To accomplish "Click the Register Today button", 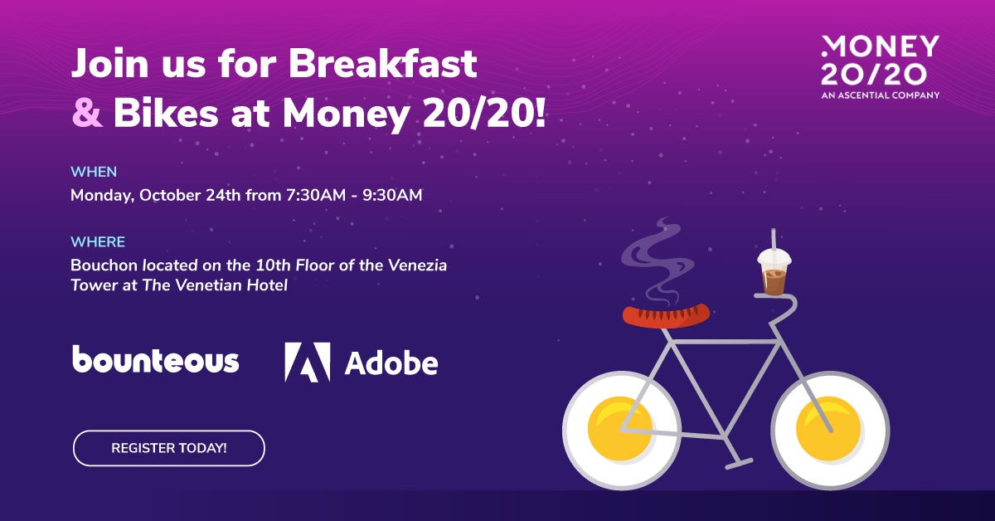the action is pyautogui.click(x=169, y=448).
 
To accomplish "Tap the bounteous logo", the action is pyautogui.click(x=156, y=359).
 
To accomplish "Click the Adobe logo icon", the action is pyautogui.click(x=308, y=363).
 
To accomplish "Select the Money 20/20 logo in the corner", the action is pyautogui.click(x=880, y=67).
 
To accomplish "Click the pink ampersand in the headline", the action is pyautogui.click(x=88, y=114).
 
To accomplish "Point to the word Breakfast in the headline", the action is pyautogui.click(x=383, y=63).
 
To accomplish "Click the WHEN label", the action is pyautogui.click(x=94, y=172).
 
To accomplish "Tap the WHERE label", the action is pyautogui.click(x=98, y=241).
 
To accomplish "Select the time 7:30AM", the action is pyautogui.click(x=316, y=196).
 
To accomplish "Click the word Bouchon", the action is pyautogui.click(x=104, y=265).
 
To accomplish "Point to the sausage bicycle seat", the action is pyautogui.click(x=666, y=315).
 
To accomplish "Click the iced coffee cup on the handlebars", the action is pyautogui.click(x=774, y=272).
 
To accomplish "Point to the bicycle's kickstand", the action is pyautogui.click(x=734, y=454).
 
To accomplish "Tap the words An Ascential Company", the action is pyautogui.click(x=880, y=95).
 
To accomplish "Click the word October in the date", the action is pyautogui.click(x=170, y=196).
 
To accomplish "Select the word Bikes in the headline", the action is pyautogui.click(x=166, y=114).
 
